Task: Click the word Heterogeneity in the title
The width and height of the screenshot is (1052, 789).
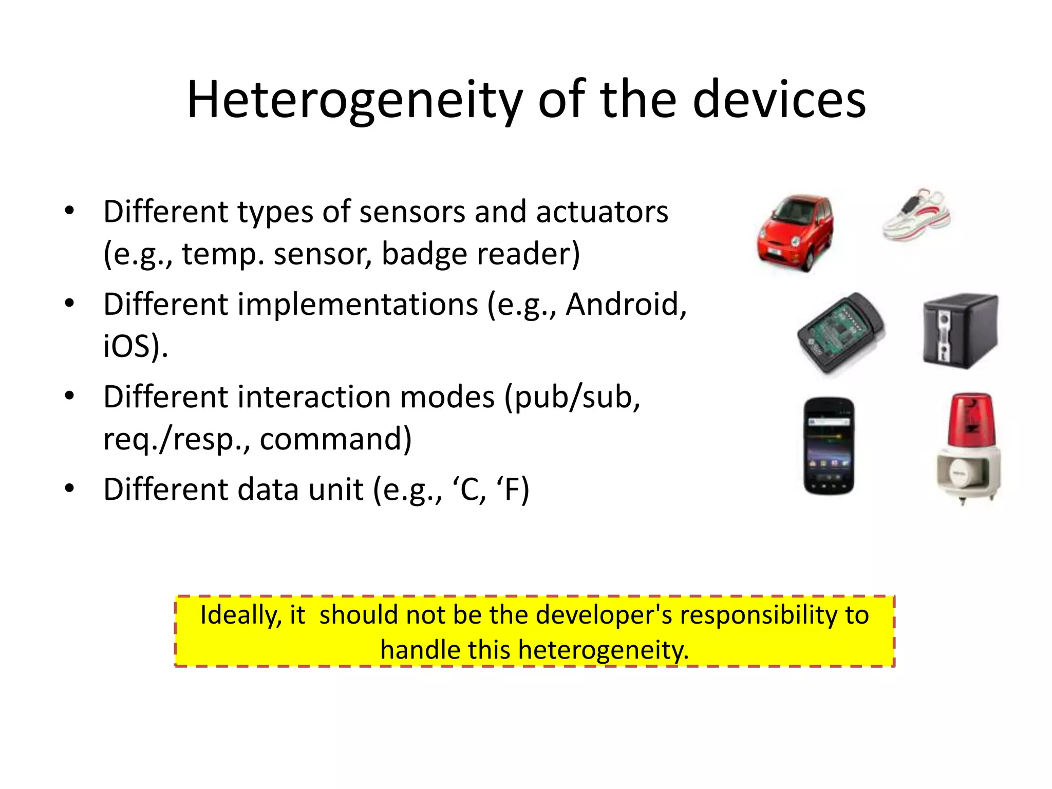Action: (x=354, y=100)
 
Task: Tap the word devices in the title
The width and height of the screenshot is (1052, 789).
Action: (x=779, y=100)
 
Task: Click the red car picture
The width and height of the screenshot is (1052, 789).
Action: (x=795, y=232)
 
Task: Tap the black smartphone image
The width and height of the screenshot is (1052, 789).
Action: (x=829, y=446)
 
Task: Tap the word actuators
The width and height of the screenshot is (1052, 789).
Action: (x=602, y=212)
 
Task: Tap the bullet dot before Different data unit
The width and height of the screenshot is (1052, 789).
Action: (x=69, y=488)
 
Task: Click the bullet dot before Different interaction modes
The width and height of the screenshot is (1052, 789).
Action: (x=69, y=396)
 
